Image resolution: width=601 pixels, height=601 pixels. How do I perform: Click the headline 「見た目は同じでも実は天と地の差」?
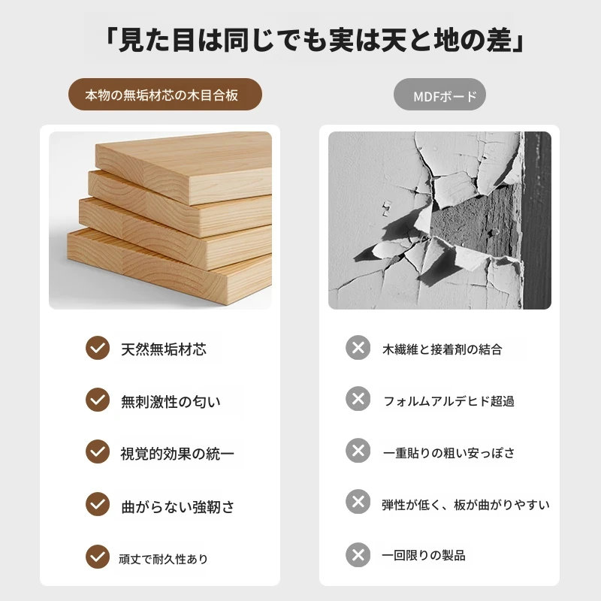[x=315, y=41]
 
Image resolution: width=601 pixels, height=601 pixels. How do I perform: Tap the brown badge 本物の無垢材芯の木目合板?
[x=165, y=95]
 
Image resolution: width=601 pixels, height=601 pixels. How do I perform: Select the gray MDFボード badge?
[x=439, y=95]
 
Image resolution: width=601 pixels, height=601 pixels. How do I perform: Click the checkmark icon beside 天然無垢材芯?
[x=98, y=348]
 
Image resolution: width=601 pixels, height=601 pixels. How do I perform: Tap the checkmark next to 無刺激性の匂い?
[x=98, y=400]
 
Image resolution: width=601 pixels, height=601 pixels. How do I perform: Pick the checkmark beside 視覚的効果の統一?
[x=98, y=452]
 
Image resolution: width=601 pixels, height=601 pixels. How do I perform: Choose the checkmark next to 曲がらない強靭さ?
[x=98, y=504]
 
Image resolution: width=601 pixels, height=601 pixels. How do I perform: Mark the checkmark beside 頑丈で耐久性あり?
[x=98, y=557]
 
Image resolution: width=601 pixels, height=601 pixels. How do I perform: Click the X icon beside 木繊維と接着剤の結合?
[x=358, y=348]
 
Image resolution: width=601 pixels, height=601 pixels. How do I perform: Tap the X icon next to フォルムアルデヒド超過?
[x=358, y=399]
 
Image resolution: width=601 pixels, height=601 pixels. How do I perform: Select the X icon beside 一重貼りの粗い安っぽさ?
[x=358, y=450]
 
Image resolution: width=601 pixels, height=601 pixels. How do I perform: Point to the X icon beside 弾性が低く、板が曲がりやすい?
[x=358, y=501]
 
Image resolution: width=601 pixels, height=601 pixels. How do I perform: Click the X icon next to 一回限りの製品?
[x=358, y=554]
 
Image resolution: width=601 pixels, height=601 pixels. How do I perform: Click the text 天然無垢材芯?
[x=164, y=349]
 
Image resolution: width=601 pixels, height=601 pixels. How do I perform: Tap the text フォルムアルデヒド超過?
[x=448, y=401]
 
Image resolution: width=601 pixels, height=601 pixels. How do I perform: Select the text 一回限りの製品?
[x=424, y=555]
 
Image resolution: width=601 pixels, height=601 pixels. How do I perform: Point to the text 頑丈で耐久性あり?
[x=163, y=559]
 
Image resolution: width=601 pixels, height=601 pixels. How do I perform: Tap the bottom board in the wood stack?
[x=168, y=268]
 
